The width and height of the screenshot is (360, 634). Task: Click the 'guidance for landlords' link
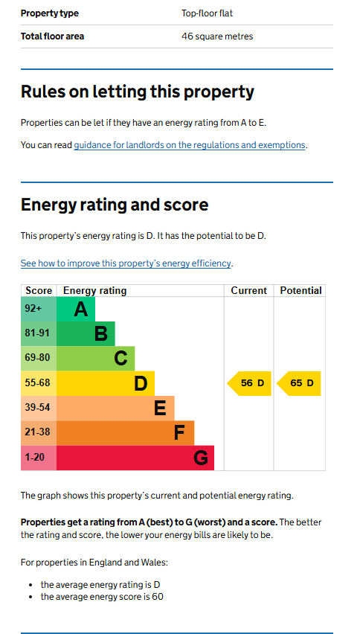pos(189,145)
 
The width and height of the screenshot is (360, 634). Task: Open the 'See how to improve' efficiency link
pos(126,263)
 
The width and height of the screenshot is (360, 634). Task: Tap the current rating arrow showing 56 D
pos(249,383)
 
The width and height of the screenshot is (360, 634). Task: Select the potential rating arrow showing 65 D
pos(298,383)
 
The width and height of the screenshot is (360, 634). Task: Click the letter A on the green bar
pos(81,310)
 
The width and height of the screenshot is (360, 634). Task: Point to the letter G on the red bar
pos(201,458)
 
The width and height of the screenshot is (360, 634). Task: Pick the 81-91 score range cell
pos(39,333)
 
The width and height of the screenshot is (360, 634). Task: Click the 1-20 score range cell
pos(39,458)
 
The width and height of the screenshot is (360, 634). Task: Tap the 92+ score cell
pos(39,309)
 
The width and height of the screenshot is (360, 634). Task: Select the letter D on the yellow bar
pos(141,384)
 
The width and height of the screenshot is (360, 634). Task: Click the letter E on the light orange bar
pos(160,409)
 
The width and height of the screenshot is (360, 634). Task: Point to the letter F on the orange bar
pos(179,433)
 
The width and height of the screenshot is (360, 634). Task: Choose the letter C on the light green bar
pos(120,359)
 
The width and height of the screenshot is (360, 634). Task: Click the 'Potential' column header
pos(301,291)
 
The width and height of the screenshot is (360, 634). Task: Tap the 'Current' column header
pos(249,291)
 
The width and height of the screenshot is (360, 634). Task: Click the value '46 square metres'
pos(217,36)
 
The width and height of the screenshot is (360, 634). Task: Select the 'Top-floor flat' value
pos(208,13)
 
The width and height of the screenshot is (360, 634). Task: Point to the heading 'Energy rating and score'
pos(115,205)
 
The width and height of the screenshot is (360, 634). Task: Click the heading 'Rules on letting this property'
pos(138,92)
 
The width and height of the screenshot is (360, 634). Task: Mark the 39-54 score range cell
pos(39,408)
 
